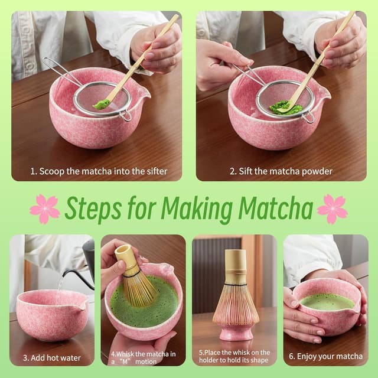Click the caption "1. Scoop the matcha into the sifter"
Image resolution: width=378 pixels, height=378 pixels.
click(x=99, y=172)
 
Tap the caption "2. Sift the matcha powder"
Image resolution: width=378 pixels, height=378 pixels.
click(x=281, y=172)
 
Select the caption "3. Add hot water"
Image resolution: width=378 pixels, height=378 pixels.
click(x=51, y=357)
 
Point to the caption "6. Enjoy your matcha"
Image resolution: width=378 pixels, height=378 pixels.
click(x=326, y=356)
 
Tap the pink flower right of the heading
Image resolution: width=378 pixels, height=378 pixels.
click(x=332, y=208)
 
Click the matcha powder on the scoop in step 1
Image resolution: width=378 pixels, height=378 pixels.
click(x=102, y=104)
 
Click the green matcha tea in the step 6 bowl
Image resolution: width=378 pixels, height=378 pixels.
click(x=326, y=301)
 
